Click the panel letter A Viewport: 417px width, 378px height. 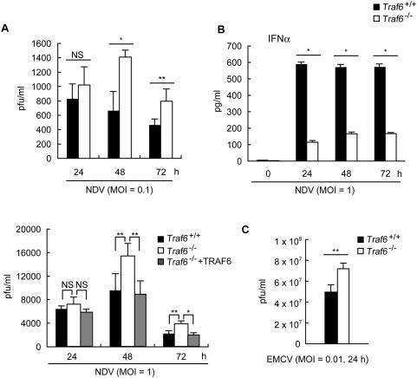point(7,27)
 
